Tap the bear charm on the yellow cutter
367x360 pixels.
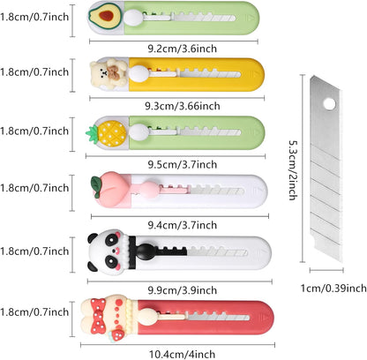coord(109,72)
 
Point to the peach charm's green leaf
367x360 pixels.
coord(96,183)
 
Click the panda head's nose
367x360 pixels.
coord(114,251)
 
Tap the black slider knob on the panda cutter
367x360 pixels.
coord(146,251)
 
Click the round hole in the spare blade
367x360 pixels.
coord(329,103)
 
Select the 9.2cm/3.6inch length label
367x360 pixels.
coord(183,49)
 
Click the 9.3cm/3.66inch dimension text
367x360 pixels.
coord(183,106)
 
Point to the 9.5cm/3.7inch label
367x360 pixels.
coord(183,164)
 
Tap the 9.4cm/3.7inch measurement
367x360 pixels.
coord(183,225)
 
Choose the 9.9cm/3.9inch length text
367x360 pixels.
coord(183,290)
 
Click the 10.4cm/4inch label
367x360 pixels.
coord(183,354)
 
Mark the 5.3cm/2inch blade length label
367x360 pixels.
coord(293,169)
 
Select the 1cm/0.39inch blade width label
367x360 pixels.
coord(333,288)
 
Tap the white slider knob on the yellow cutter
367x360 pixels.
coord(139,73)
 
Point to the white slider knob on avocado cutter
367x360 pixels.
coord(134,18)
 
